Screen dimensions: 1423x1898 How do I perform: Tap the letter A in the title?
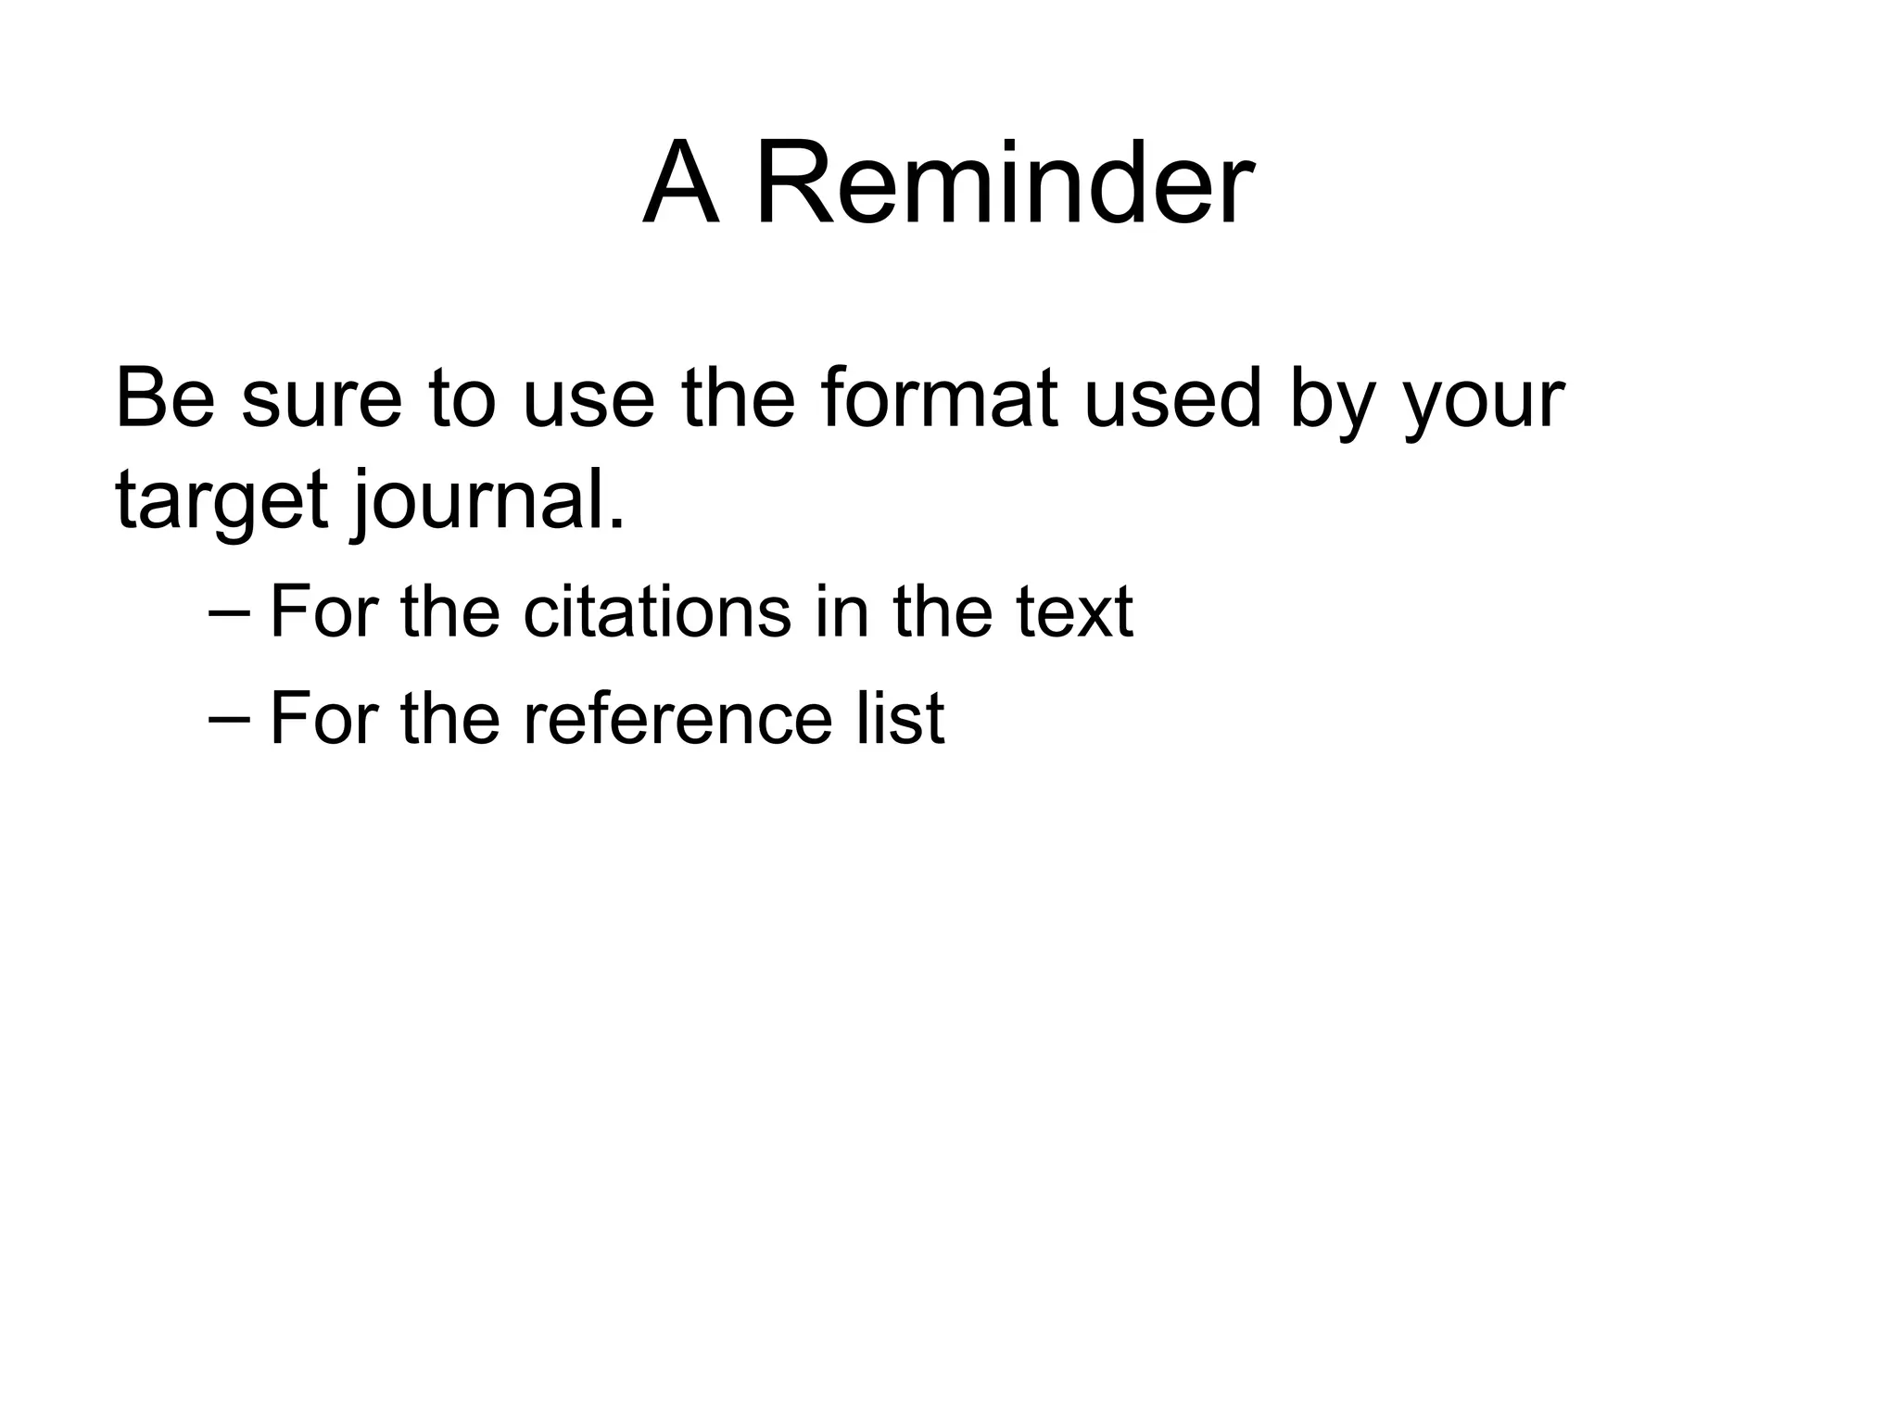click(681, 183)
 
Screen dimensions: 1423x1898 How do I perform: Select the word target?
click(221, 501)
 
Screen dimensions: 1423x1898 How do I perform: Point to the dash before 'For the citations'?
click(230, 612)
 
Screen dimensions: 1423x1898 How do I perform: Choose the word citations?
click(657, 611)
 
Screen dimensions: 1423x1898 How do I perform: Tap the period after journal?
click(616, 524)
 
